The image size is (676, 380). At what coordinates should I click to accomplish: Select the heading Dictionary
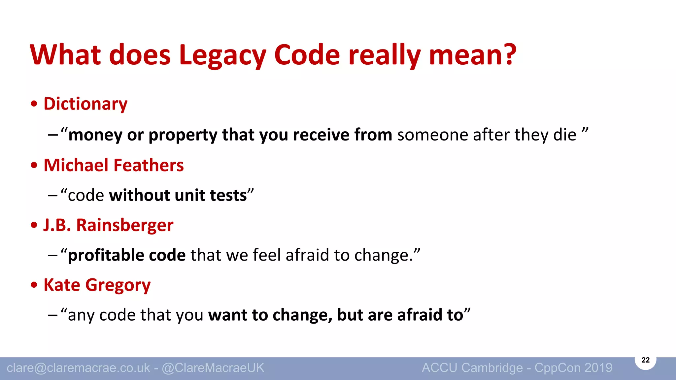coord(85,104)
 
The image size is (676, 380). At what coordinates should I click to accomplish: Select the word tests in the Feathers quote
coord(228,195)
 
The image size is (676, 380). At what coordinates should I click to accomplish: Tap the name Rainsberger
coord(125,225)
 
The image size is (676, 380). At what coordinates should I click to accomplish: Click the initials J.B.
coord(57,225)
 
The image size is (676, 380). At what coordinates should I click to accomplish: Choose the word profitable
coord(106,255)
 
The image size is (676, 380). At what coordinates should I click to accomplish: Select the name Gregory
coord(118,285)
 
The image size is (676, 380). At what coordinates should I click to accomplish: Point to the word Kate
coord(62,285)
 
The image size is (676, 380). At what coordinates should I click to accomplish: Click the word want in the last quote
coord(227,315)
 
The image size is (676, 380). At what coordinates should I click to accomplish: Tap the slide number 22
coord(645,360)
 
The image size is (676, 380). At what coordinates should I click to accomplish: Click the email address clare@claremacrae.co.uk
coord(78,368)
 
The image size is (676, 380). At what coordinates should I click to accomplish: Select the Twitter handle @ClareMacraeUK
coord(213,368)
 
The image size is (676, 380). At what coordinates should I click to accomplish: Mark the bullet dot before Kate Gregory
coord(34,285)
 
